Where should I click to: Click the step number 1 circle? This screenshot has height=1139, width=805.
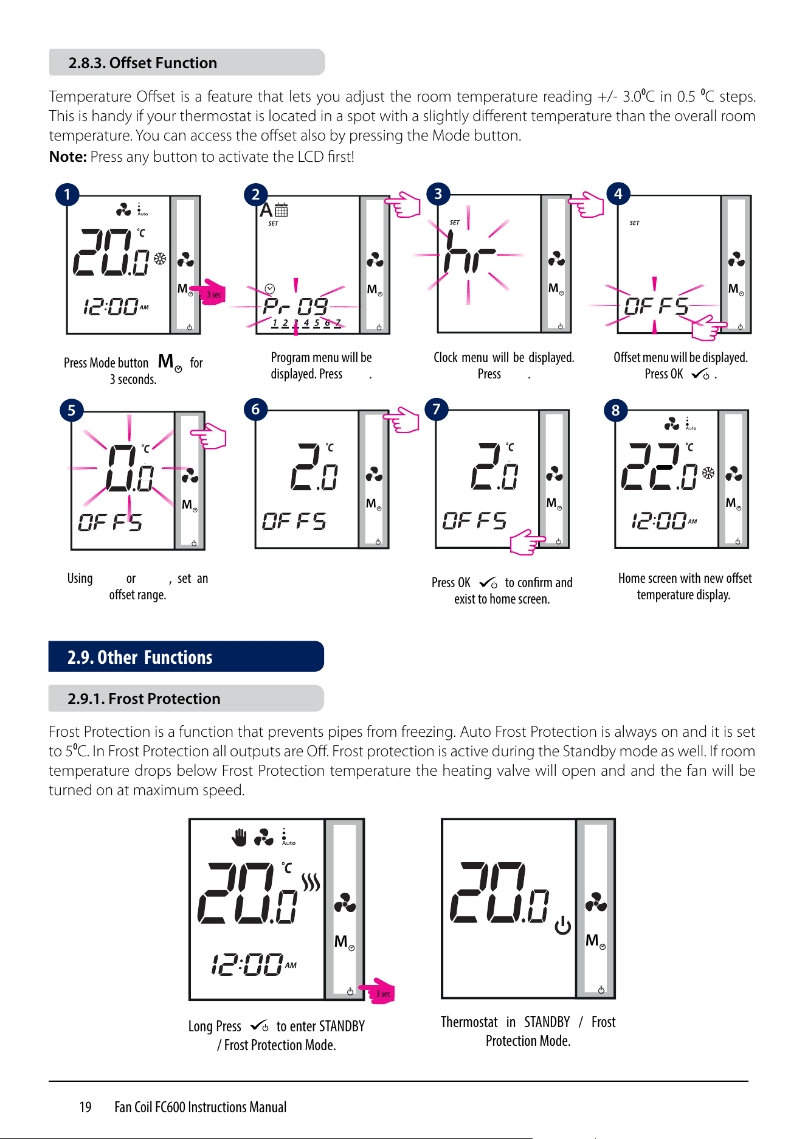coord(67,195)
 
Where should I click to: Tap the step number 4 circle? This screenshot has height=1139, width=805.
coord(618,193)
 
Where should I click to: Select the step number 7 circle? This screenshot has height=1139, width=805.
coord(436,409)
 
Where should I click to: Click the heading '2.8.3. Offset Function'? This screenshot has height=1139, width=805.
coord(142,63)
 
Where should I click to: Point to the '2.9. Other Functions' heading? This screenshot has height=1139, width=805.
coord(140,657)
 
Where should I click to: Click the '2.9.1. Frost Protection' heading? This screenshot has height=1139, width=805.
coord(144,698)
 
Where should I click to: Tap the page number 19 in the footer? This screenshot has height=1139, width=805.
coord(85,1107)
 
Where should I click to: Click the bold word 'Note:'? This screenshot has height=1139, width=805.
coord(68,156)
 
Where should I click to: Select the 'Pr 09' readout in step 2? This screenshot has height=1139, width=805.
coord(296,305)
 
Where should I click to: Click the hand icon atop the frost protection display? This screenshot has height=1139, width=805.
coord(240,837)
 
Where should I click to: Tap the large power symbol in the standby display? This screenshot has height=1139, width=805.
coord(563,925)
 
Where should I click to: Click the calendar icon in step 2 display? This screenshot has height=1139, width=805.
coord(281,210)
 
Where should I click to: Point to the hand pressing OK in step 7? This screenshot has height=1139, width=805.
coord(527,542)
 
